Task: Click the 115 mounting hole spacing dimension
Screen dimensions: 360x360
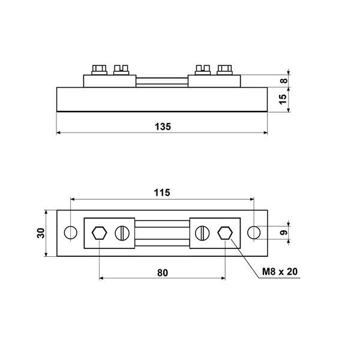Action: [162, 193]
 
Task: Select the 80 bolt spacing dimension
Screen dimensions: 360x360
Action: [162, 272]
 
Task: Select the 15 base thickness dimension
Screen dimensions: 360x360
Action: [284, 100]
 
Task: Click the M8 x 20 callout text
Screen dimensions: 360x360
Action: [280, 272]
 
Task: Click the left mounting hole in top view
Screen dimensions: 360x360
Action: [70, 232]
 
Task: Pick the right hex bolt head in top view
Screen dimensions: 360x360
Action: [226, 232]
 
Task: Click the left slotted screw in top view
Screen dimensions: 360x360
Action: [122, 232]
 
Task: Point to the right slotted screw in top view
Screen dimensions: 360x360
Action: [202, 232]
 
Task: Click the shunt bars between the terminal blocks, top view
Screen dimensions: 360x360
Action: [162, 232]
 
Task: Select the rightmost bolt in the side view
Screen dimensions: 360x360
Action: [226, 68]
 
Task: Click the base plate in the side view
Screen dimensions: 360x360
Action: [162, 100]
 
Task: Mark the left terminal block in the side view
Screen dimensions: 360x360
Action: [109, 81]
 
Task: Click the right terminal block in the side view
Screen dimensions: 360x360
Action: [215, 81]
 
